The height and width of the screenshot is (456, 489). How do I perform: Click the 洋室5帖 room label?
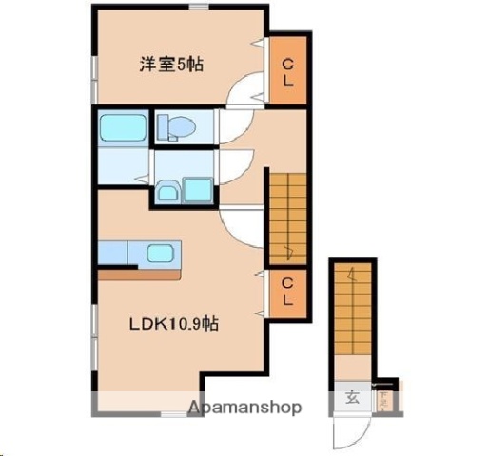pyautogui.click(x=172, y=65)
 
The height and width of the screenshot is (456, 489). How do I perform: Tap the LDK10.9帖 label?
pyautogui.click(x=174, y=324)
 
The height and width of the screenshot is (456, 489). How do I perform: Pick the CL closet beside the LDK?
pyautogui.click(x=286, y=291)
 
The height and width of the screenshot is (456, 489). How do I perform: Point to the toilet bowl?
pyautogui.click(x=178, y=125)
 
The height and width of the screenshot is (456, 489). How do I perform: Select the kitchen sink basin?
pyautogui.click(x=159, y=253)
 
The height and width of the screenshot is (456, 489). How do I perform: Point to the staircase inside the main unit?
pyautogui.click(x=286, y=215)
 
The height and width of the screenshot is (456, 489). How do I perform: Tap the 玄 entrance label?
pyautogui.click(x=352, y=397)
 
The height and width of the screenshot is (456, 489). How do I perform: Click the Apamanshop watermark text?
pyautogui.click(x=245, y=408)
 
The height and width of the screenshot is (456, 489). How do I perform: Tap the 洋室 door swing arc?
pyautogui.click(x=244, y=92)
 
